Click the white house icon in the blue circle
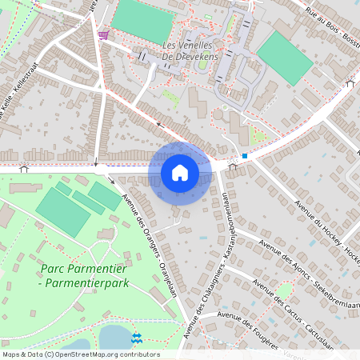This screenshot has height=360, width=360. pos(180,173)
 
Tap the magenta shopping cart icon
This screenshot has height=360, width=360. pos(103,35)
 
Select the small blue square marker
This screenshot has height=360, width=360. pos(245,156)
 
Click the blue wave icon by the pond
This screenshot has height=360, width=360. pos(136,338)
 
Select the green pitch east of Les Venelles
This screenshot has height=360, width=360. pos(285,58)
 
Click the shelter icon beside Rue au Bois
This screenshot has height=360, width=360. pos(349,83)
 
